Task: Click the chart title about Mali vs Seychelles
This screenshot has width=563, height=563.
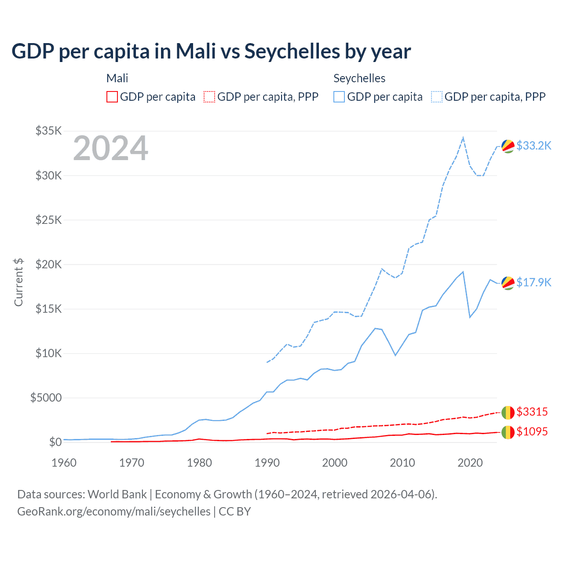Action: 211,51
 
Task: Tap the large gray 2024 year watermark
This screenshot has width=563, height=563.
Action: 111,148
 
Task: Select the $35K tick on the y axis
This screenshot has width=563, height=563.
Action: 49,131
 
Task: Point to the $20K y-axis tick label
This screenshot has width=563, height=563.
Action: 49,264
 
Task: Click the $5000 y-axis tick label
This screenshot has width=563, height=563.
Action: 46,398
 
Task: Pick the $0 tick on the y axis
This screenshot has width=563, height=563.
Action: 55,442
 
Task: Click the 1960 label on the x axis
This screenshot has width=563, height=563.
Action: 64,463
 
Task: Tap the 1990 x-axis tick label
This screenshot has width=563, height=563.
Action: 267,463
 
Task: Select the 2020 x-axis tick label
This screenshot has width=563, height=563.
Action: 470,463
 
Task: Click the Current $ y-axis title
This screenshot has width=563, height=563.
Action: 18,282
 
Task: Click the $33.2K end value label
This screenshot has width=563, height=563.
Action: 534,146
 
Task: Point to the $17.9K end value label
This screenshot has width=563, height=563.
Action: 534,282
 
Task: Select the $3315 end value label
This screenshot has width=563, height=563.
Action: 532,412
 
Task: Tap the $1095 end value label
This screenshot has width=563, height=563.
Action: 532,431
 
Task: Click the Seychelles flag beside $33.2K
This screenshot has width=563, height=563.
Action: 508,146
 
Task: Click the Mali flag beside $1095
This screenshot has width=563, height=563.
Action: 508,432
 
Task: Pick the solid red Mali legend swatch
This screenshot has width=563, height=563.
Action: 112,97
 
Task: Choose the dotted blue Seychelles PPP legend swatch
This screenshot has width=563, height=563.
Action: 437,97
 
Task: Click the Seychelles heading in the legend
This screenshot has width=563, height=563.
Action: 359,78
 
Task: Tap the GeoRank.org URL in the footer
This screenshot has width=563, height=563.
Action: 114,512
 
